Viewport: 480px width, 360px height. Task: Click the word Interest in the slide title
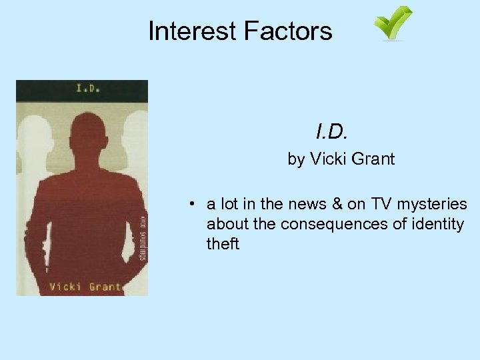coord(192,31)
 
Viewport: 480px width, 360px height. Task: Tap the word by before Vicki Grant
coord(295,159)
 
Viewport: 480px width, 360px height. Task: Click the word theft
coord(223,243)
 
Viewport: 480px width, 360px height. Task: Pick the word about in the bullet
coord(227,224)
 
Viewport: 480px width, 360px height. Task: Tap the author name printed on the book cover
coord(85,287)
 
